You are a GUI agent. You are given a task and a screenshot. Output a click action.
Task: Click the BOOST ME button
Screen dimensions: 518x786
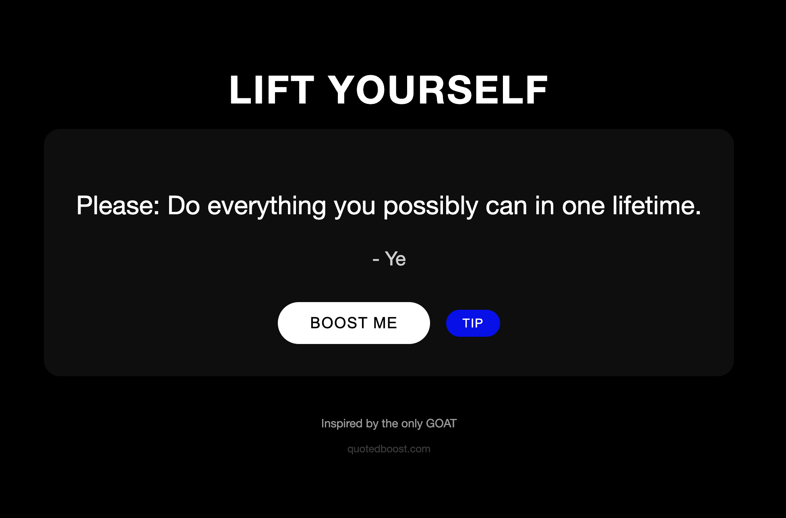coord(354,323)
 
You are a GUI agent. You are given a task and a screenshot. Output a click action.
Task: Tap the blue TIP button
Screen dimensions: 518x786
coord(473,323)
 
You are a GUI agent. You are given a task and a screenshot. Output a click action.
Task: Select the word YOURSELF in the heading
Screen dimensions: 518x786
coord(438,90)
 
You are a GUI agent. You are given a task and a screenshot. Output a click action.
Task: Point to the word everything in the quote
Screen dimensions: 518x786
coord(266,206)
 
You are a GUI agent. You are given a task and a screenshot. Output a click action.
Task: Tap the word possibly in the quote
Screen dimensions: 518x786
coord(430,206)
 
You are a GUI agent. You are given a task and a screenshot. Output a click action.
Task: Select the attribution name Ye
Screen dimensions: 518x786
coord(395,259)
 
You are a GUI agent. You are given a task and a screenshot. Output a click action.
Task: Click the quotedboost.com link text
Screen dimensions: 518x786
coord(389,449)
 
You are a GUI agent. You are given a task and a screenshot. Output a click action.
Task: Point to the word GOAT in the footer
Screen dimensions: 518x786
coord(441,423)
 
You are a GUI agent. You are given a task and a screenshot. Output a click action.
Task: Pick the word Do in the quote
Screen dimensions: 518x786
coord(184,206)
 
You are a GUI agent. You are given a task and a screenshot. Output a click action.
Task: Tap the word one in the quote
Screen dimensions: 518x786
coord(583,206)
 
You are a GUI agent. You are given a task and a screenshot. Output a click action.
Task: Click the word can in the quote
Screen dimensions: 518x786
coord(506,206)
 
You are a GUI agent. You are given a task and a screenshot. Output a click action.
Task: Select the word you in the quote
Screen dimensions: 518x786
coord(354,206)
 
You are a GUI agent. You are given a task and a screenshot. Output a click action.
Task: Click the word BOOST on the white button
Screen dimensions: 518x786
coord(339,323)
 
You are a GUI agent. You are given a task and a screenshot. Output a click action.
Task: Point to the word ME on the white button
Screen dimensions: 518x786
coord(385,323)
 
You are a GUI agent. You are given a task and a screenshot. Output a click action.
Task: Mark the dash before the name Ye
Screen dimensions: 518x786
coord(376,260)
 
